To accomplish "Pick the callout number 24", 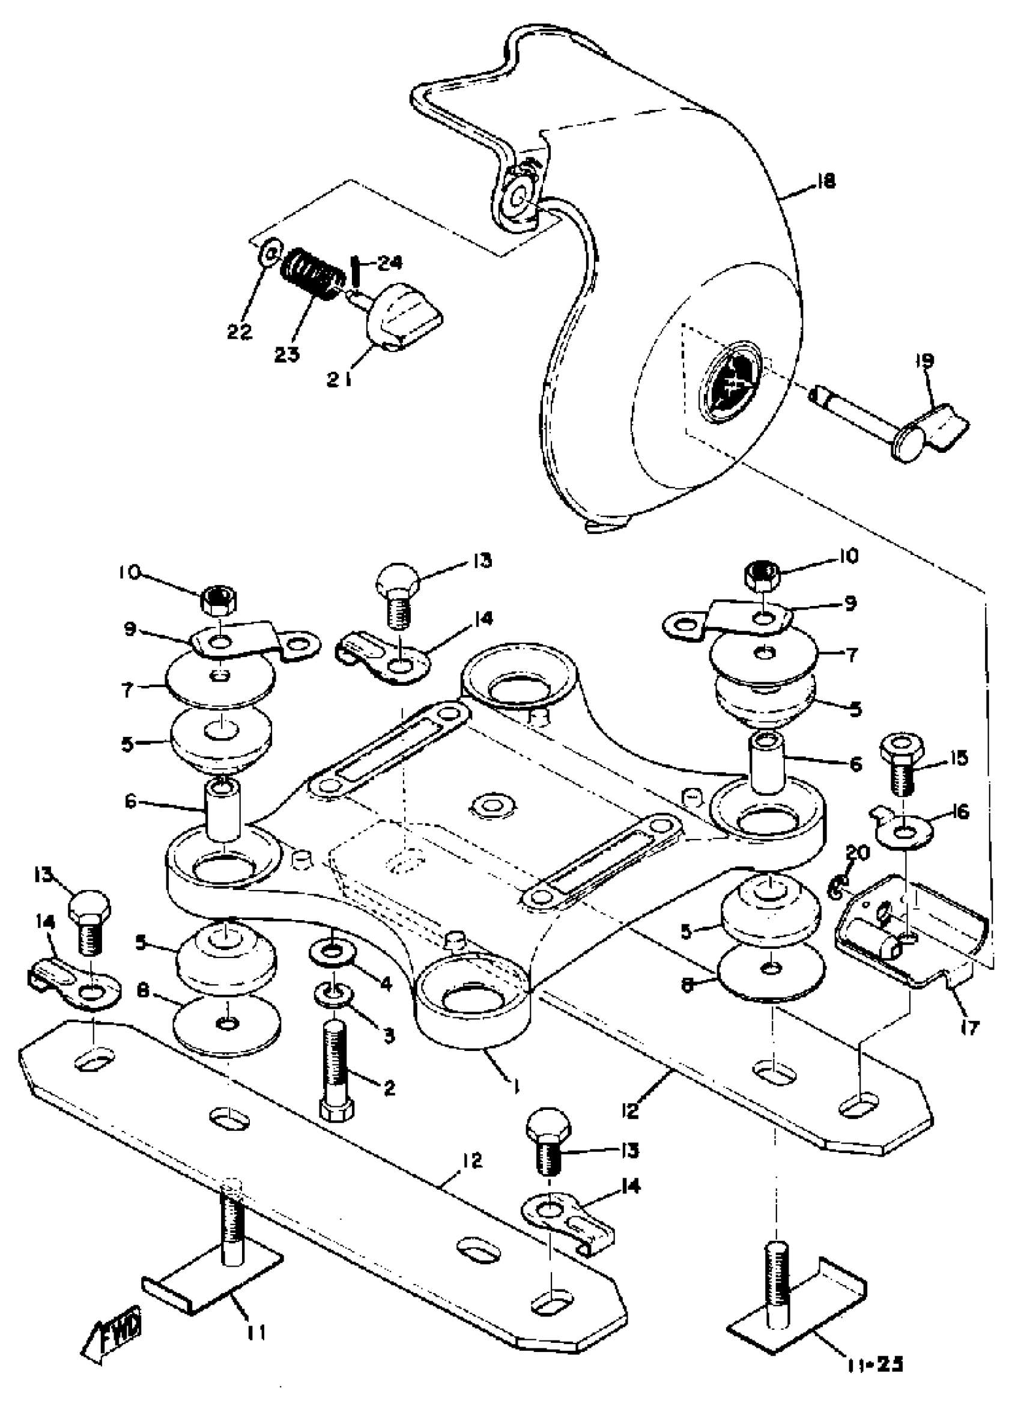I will [389, 264].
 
